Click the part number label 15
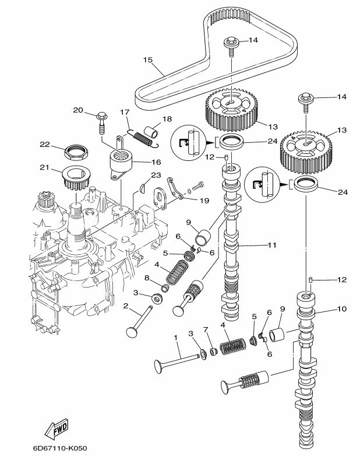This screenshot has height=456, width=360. click(x=147, y=59)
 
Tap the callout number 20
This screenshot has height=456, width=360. click(x=78, y=110)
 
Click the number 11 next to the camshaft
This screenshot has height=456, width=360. click(x=271, y=245)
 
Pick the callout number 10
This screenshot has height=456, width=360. click(x=341, y=308)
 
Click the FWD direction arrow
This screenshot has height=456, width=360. click(x=57, y=430)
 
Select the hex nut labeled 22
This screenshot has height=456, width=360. click(x=76, y=153)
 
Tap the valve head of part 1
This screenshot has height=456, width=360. click(x=158, y=367)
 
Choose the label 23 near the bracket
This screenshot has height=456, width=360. click(x=156, y=174)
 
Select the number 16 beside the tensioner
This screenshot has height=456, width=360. click(x=156, y=162)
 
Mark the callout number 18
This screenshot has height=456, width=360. click(x=167, y=119)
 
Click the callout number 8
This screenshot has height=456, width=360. click(x=147, y=278)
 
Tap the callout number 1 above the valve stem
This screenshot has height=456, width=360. click(x=176, y=338)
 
